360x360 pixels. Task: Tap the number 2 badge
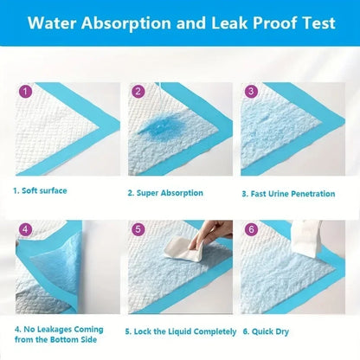(137, 90)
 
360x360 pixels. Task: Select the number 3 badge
(250, 90)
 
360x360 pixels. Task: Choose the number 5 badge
(137, 230)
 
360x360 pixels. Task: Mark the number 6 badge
(250, 230)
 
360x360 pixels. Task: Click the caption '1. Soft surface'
(39, 190)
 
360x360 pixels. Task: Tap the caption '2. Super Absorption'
(164, 193)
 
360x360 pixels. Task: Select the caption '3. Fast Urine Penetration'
(287, 193)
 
